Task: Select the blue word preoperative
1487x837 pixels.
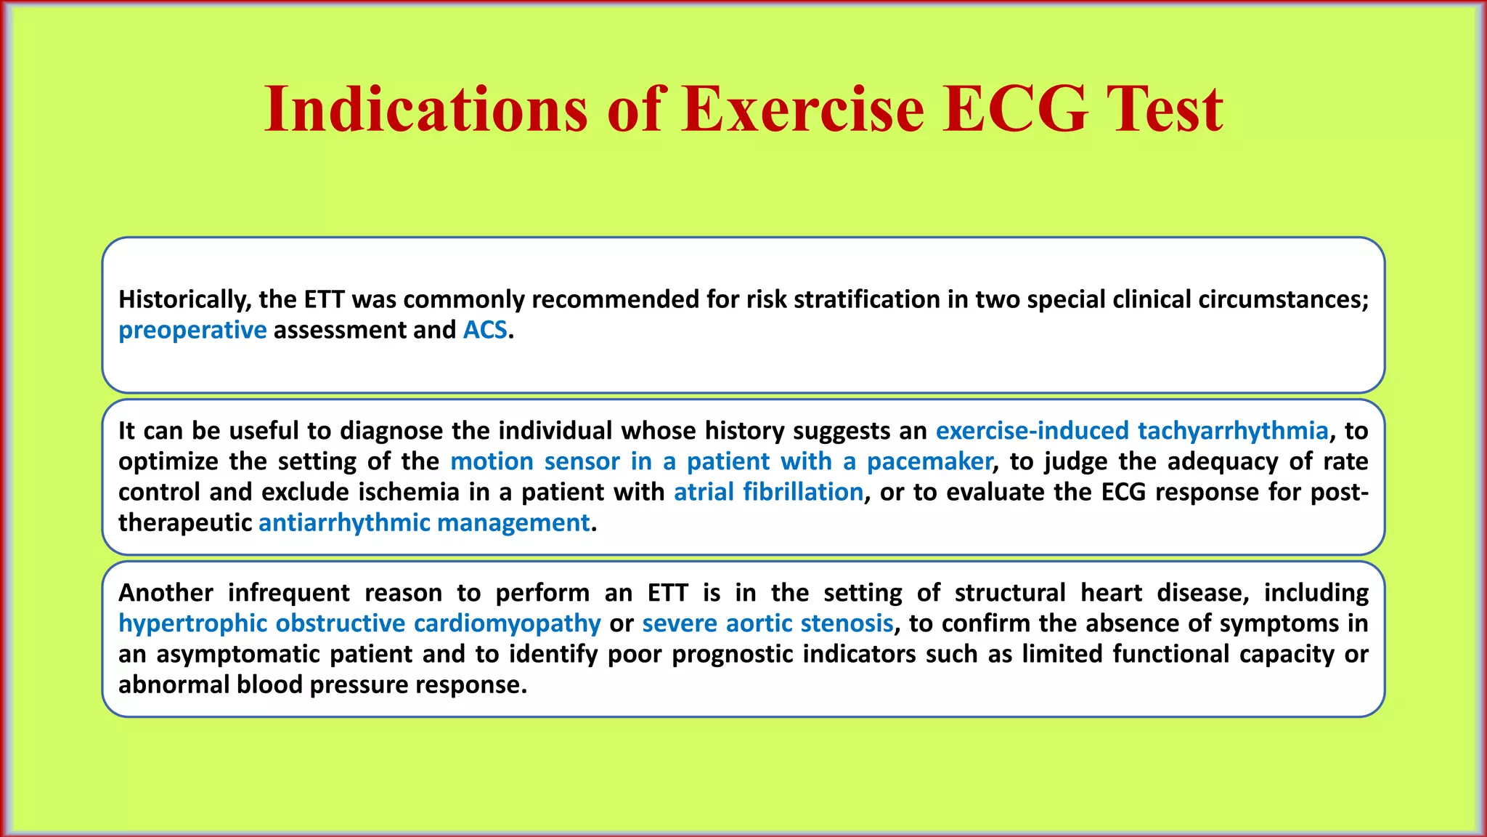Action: (192, 331)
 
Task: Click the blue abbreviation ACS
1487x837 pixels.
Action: (485, 331)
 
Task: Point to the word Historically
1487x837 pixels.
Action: (184, 299)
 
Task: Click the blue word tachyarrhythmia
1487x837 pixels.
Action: (1232, 431)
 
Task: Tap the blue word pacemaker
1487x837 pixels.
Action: (929, 461)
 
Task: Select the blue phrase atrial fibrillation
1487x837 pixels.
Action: (768, 493)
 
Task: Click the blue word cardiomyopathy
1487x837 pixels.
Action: (507, 624)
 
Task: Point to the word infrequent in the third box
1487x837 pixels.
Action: (288, 593)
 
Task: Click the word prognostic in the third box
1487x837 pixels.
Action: (733, 655)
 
